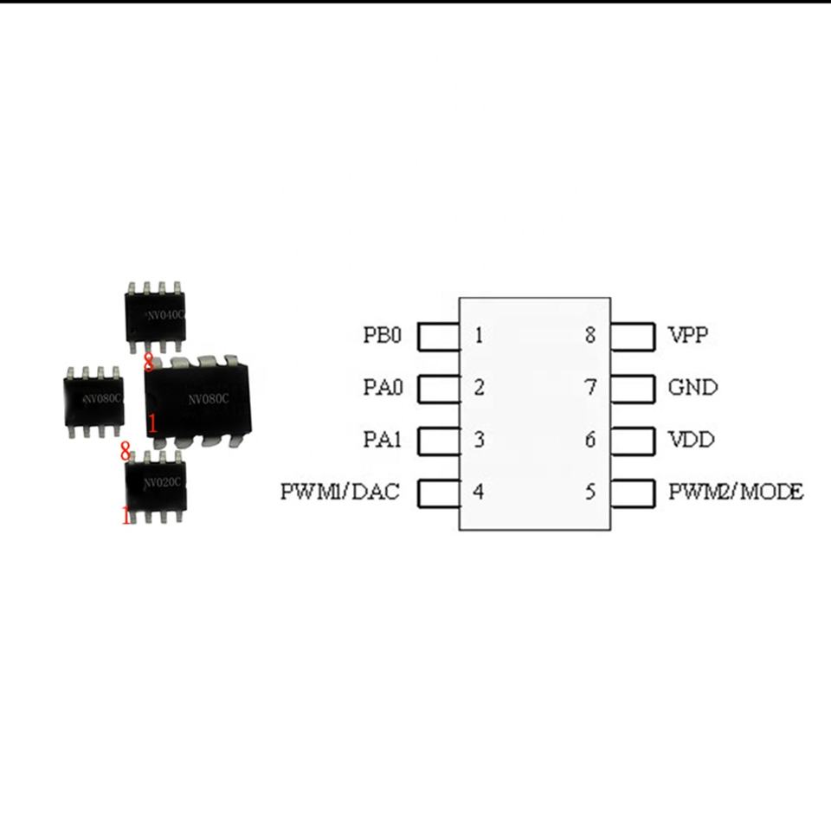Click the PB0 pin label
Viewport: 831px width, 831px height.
click(x=383, y=335)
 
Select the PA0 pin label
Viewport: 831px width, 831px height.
click(x=383, y=388)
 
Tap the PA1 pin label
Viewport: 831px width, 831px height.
click(x=383, y=441)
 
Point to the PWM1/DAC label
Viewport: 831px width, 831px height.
click(x=340, y=493)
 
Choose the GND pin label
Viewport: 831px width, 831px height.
click(x=692, y=388)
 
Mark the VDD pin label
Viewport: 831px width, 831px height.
click(x=691, y=441)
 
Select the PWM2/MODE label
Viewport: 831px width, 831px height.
click(x=736, y=493)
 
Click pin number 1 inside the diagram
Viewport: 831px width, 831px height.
click(x=480, y=335)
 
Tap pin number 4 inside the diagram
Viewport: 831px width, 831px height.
click(x=479, y=493)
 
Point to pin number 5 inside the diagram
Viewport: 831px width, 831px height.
click(x=590, y=493)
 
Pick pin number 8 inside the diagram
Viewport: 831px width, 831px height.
click(x=590, y=335)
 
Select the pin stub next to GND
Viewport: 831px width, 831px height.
click(x=632, y=390)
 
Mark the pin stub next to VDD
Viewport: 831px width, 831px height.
click(x=632, y=442)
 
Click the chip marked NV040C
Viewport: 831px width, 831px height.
click(x=156, y=317)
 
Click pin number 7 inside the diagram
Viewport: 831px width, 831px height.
click(x=590, y=388)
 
